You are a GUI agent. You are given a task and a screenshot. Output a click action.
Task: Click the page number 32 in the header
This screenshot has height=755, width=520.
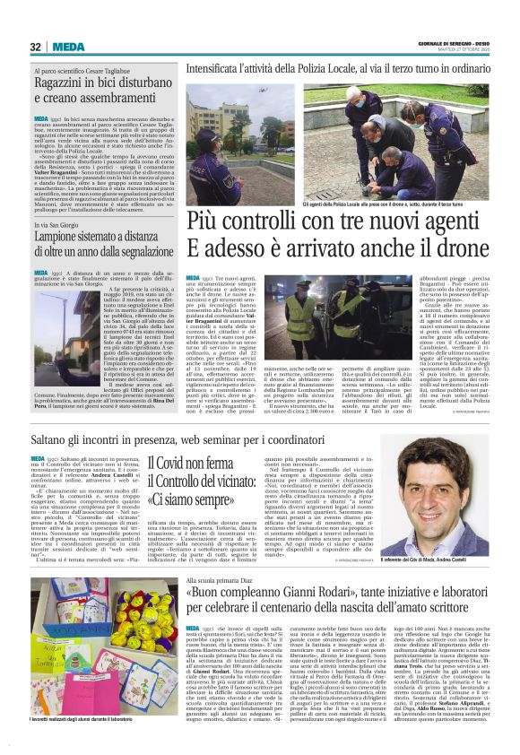coord(36,47)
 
